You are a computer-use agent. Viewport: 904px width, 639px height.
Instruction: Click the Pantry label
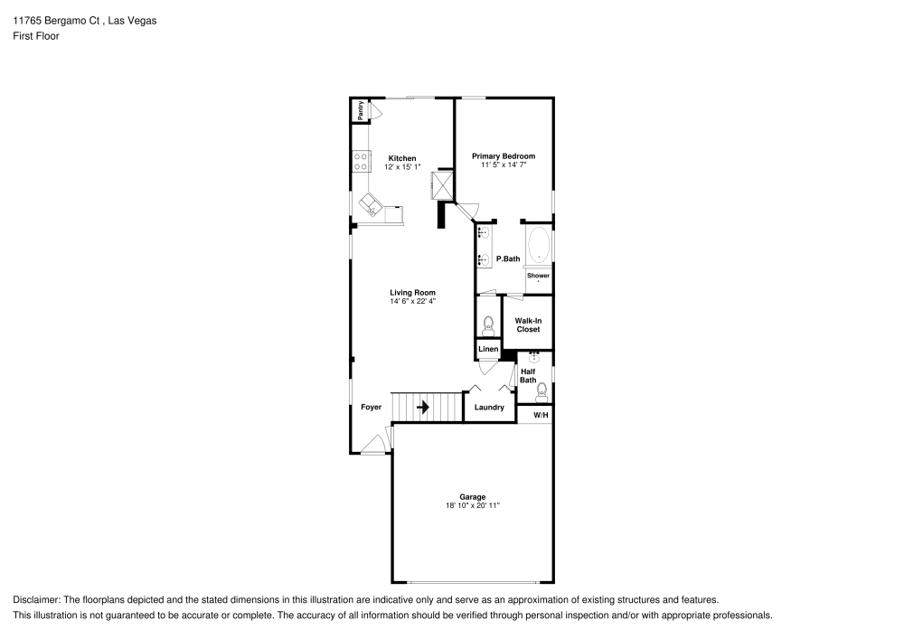(361, 110)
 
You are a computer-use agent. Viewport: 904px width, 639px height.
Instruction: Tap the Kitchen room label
(401, 158)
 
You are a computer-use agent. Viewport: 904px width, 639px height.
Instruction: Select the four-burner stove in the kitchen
(361, 162)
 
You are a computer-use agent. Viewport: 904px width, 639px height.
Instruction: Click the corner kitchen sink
(371, 204)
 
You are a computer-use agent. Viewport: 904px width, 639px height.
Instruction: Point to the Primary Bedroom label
(504, 156)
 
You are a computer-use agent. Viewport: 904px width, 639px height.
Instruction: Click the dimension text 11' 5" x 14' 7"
(504, 165)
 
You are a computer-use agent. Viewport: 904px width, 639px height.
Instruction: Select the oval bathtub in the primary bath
(539, 245)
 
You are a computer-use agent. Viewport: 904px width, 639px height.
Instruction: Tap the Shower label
(538, 276)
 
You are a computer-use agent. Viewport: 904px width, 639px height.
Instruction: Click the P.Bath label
(508, 259)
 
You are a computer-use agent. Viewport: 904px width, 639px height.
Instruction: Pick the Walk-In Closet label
(528, 324)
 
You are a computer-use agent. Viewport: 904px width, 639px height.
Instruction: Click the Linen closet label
(488, 349)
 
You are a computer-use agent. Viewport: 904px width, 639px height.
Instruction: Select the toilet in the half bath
(541, 392)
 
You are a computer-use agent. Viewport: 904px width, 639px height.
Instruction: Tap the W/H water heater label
(541, 415)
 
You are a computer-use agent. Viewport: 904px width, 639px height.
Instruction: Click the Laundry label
(489, 408)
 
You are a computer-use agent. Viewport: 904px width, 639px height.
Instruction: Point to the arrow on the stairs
(422, 408)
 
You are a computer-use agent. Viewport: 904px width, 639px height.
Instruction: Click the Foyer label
(371, 408)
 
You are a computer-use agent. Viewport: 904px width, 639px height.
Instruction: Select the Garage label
(472, 496)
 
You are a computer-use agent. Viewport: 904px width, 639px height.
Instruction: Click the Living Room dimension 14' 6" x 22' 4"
(413, 301)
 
